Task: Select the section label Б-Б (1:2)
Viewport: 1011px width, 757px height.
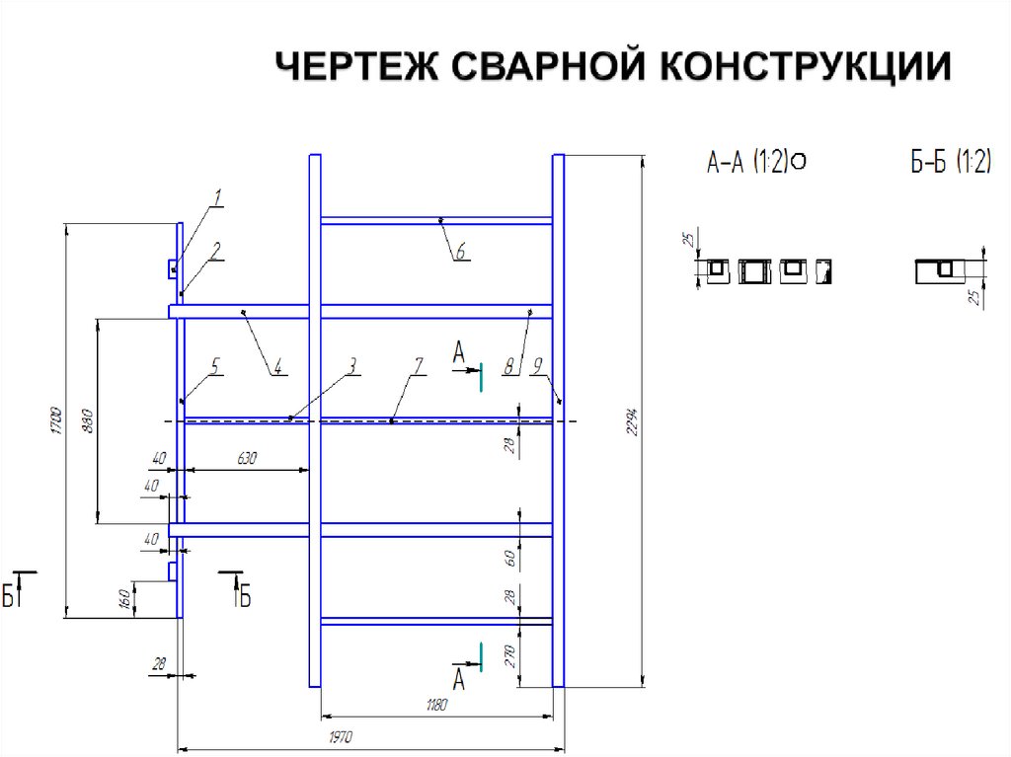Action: tap(949, 162)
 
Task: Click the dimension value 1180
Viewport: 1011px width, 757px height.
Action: tap(436, 704)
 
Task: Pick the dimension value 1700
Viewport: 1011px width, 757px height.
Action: tap(57, 420)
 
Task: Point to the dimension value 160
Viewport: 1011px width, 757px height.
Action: tap(125, 598)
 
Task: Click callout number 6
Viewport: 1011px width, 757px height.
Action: tap(460, 252)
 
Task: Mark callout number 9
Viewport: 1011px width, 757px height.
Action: tap(537, 365)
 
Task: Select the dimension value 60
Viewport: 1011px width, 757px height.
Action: tap(511, 558)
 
